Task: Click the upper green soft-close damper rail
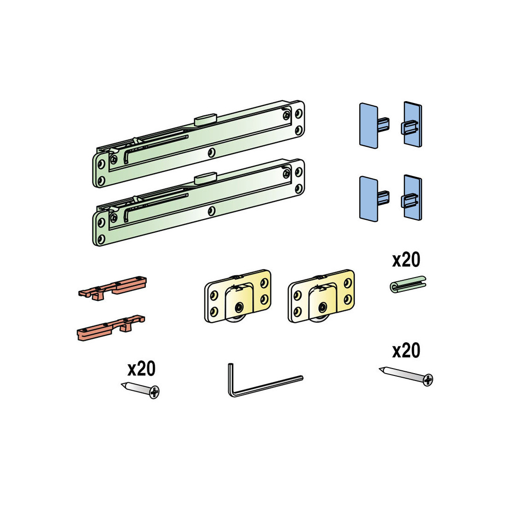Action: pos(198,144)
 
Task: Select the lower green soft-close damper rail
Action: pos(198,202)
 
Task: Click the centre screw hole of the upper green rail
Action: pos(212,152)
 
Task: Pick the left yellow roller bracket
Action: pos(238,296)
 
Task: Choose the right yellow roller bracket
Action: pos(321,296)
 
